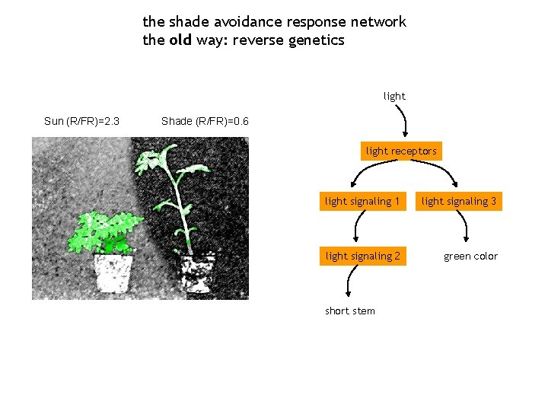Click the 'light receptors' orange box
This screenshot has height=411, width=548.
click(x=401, y=151)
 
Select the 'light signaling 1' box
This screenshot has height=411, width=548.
click(x=362, y=201)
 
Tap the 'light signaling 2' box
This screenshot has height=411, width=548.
click(x=362, y=256)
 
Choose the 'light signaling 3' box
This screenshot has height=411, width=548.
click(x=459, y=201)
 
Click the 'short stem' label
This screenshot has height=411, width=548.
click(x=349, y=311)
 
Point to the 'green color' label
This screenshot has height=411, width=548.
click(x=470, y=256)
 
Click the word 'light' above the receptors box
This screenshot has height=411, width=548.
click(x=394, y=96)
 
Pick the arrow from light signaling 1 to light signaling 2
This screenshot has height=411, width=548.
click(x=358, y=228)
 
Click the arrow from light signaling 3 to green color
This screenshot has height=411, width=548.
click(x=466, y=228)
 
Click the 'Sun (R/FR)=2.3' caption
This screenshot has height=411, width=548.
click(x=81, y=121)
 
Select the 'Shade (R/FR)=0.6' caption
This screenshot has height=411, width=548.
click(x=205, y=121)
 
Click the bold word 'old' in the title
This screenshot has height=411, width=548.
click(x=180, y=40)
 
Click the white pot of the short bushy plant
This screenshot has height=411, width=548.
click(x=113, y=272)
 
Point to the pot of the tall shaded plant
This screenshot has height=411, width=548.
click(x=198, y=272)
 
